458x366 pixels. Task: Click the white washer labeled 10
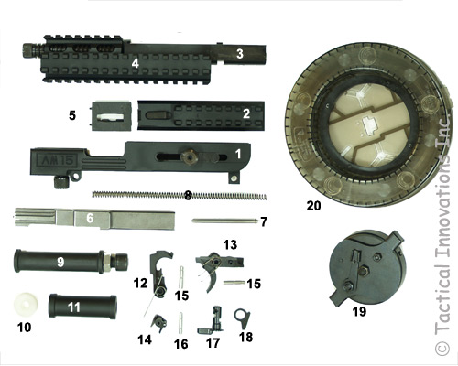(x=26, y=304)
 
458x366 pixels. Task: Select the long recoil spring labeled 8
(x=180, y=196)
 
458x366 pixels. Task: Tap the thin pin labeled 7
(x=224, y=221)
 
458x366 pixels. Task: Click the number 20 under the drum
(x=313, y=206)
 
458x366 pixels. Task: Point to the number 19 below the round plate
(x=359, y=311)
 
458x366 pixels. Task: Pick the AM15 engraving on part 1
(x=57, y=159)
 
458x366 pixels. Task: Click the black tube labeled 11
(x=82, y=307)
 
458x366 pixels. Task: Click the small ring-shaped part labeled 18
(x=242, y=318)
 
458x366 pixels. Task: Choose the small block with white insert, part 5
(x=112, y=116)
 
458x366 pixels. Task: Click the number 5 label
(x=72, y=116)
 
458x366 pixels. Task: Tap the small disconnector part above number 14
(x=159, y=323)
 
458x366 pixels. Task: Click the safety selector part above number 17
(x=212, y=319)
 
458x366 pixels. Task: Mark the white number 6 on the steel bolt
(x=90, y=218)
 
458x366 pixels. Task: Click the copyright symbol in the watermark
(x=442, y=348)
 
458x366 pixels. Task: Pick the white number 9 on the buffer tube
(x=60, y=262)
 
